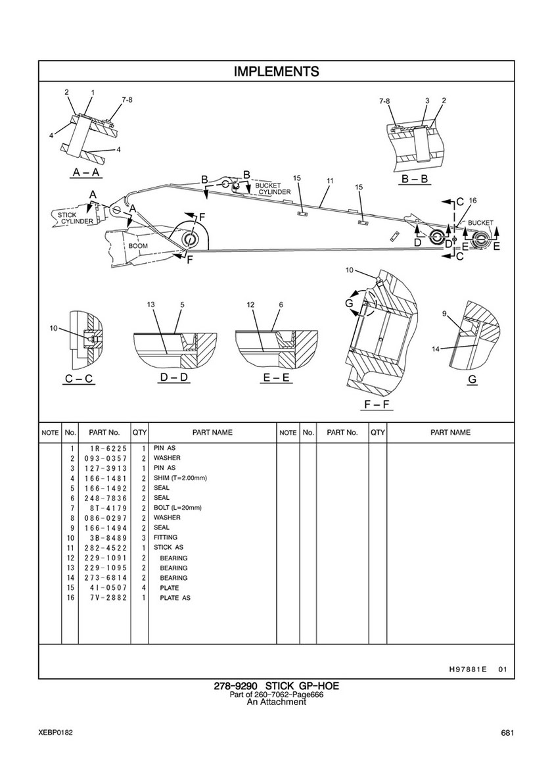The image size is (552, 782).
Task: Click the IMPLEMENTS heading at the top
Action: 276,71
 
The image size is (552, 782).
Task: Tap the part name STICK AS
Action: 168,547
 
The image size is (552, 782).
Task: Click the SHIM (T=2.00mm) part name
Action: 180,477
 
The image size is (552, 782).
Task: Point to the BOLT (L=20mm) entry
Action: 177,508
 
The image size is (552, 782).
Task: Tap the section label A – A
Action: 86,173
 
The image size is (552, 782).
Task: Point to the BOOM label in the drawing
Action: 139,245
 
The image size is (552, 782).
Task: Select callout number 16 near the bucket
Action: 472,199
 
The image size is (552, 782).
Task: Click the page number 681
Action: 507,733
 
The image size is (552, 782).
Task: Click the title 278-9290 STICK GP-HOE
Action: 276,687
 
